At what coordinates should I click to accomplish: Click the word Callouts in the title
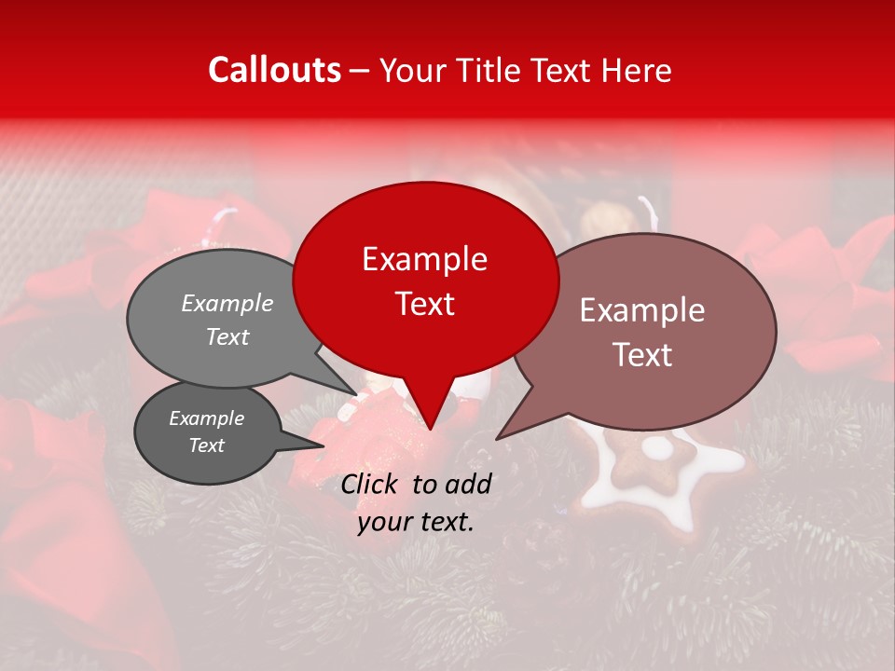pos(274,70)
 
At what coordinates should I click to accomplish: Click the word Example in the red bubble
pos(424,259)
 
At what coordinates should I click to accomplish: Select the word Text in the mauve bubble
pos(642,355)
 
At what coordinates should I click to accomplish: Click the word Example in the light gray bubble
pos(227,304)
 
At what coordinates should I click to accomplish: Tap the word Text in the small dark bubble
pos(206,445)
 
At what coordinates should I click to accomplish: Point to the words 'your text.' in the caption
pos(416,522)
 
